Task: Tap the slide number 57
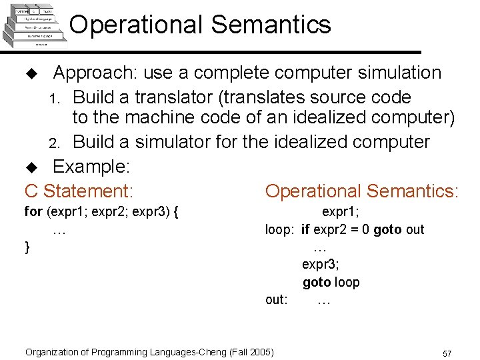click(x=447, y=352)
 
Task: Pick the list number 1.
click(x=57, y=99)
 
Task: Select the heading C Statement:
click(x=79, y=191)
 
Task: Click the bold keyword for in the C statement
click(x=33, y=212)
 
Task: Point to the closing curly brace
click(x=27, y=247)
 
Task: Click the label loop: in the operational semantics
click(x=279, y=229)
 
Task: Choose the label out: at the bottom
click(x=277, y=299)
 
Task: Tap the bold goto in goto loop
click(x=317, y=282)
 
